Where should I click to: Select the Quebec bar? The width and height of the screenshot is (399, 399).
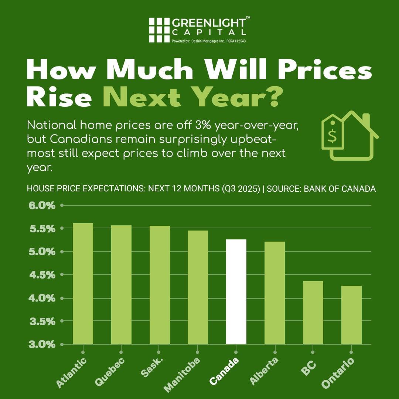(121, 284)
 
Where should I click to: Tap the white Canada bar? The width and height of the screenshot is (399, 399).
(236, 291)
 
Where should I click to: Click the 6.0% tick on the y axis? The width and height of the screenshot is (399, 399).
(42, 205)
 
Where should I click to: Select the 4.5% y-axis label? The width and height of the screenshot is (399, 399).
(42, 275)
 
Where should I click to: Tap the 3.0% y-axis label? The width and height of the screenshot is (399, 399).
(42, 345)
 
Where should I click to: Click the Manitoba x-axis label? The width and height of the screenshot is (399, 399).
(182, 374)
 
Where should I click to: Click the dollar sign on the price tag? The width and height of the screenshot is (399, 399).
(332, 136)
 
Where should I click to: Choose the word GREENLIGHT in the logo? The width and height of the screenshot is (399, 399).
(209, 23)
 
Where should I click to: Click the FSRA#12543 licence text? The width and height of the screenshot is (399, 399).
(236, 41)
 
